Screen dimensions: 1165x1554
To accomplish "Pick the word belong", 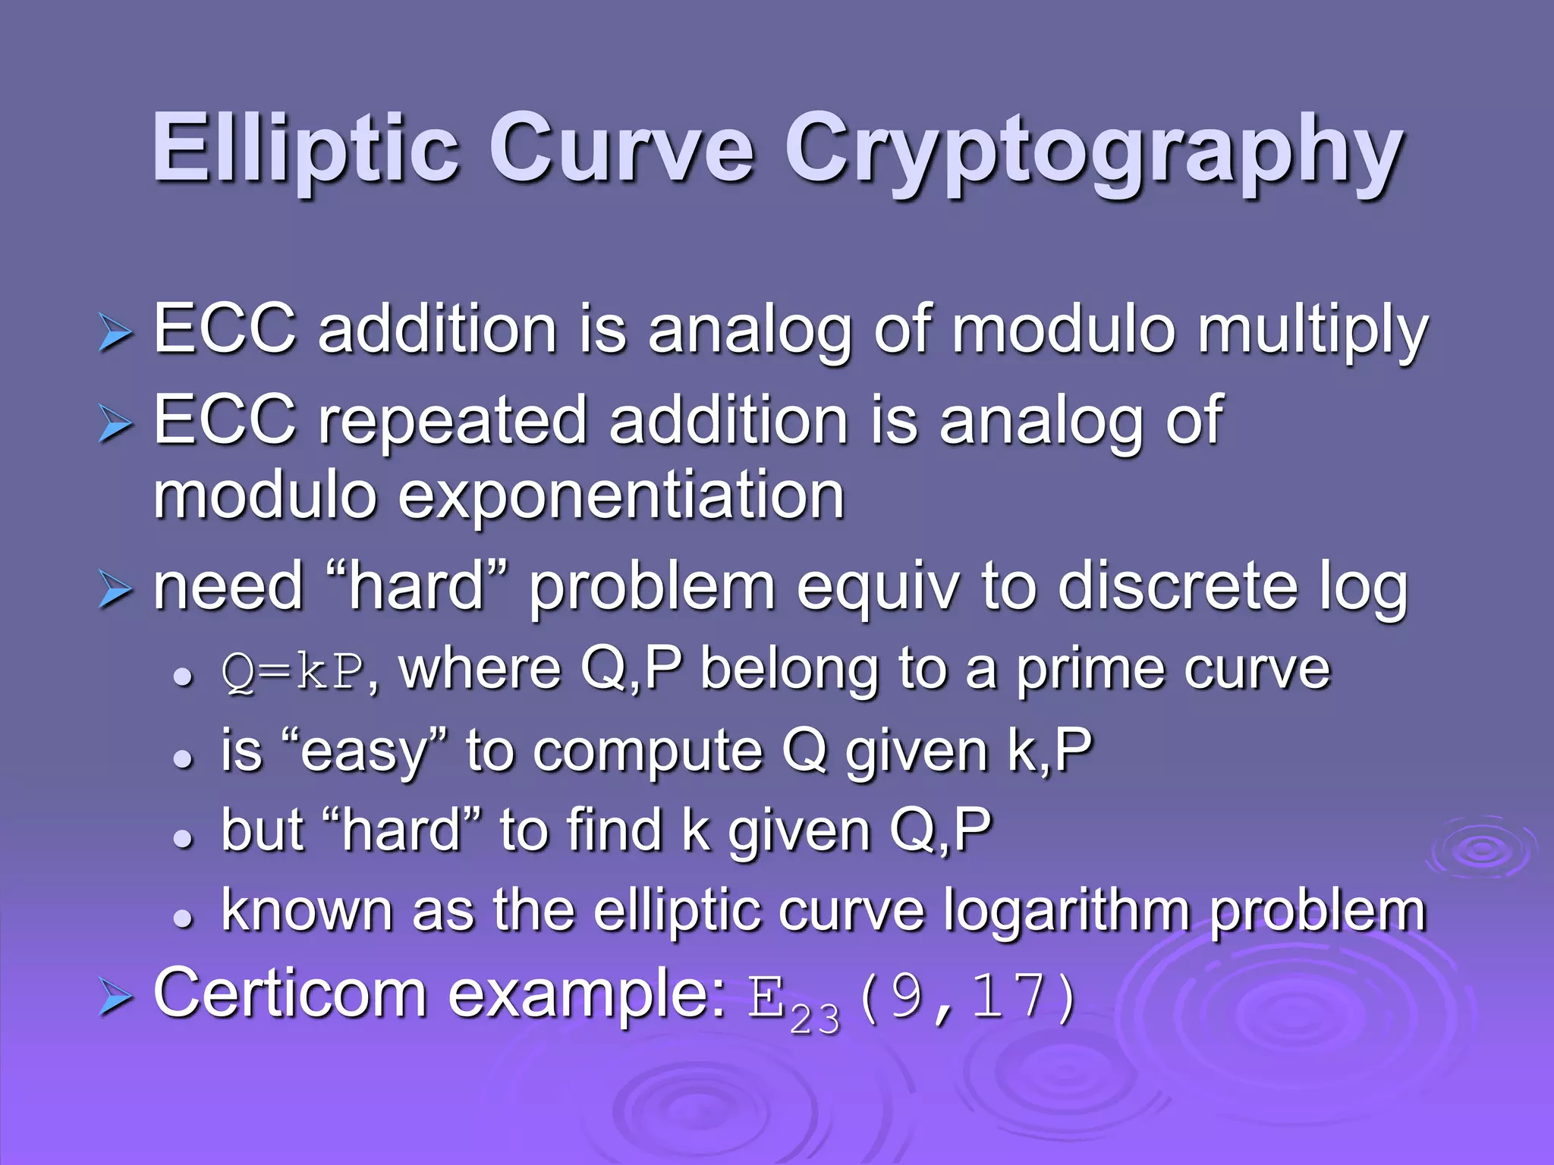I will pyautogui.click(x=790, y=670).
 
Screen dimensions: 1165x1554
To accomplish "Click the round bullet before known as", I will pyautogui.click(x=183, y=918).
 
